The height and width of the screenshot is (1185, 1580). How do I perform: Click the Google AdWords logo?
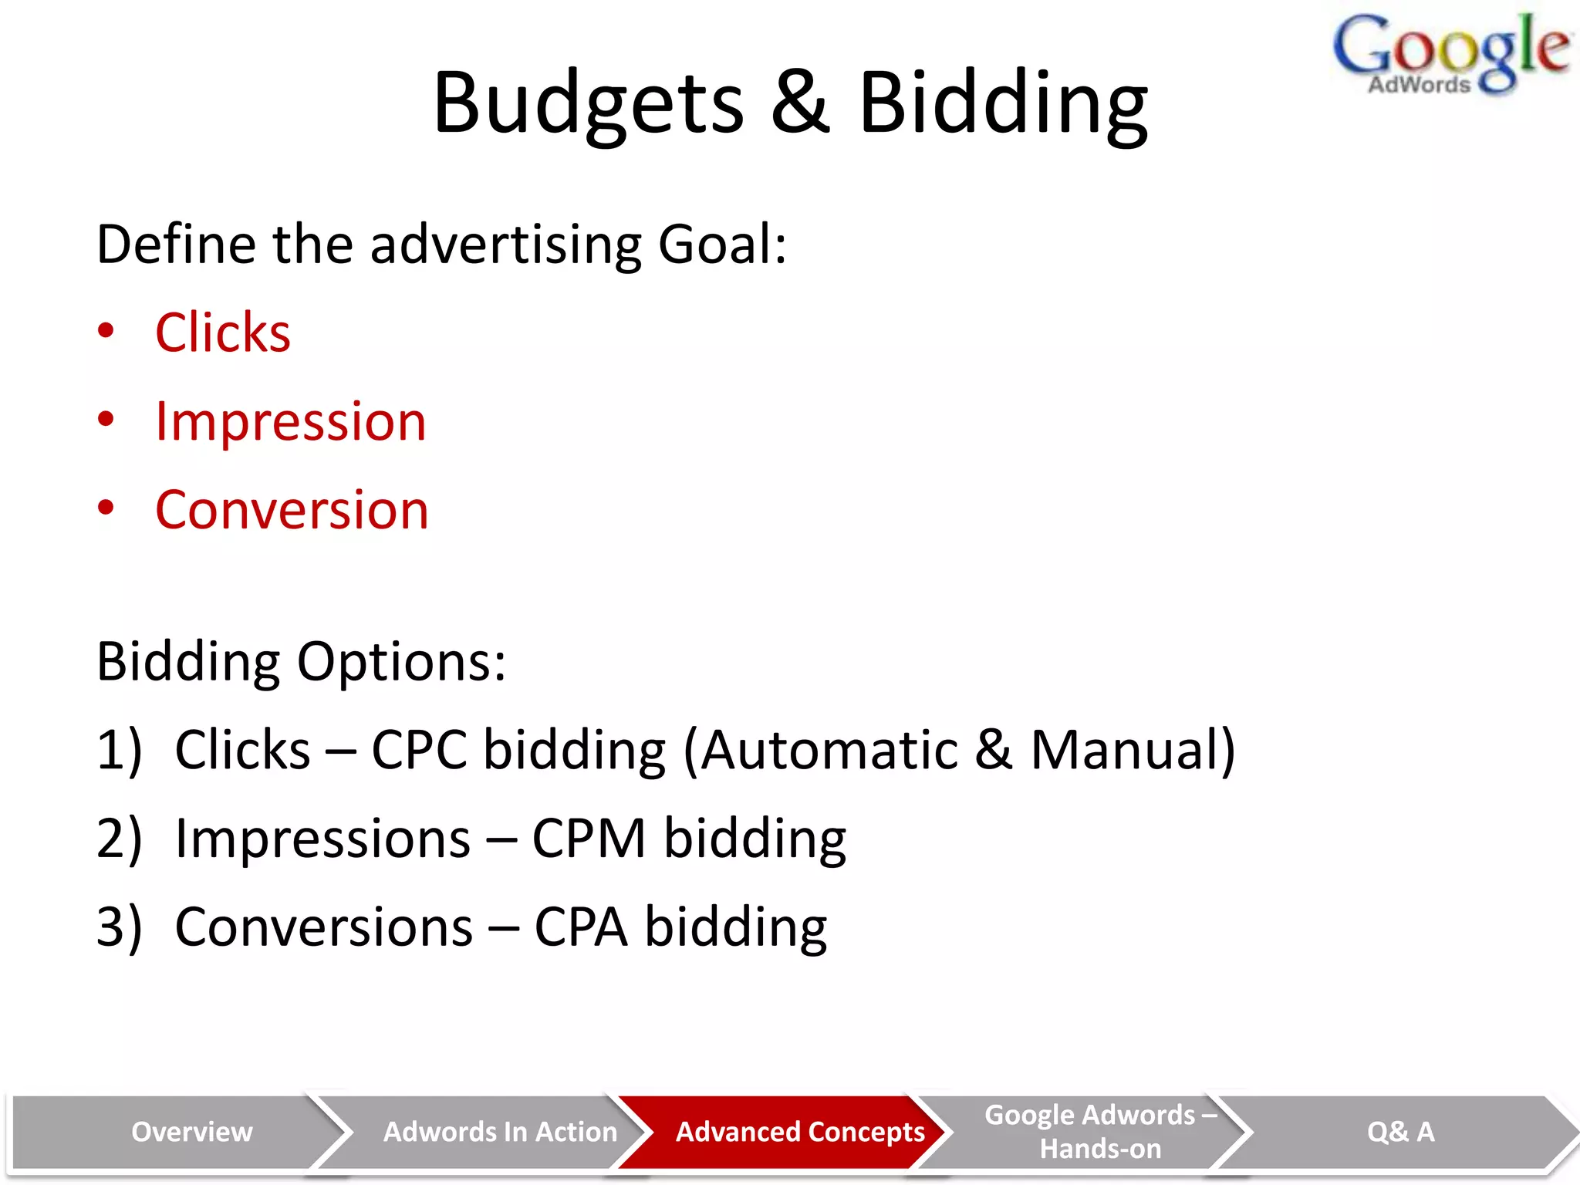1450,54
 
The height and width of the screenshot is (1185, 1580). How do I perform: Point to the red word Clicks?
223,333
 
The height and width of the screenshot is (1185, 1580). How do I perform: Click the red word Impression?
290,422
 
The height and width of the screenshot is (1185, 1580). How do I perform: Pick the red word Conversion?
292,511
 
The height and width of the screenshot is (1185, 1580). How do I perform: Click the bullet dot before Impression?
106,420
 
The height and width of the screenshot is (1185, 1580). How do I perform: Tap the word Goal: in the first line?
722,245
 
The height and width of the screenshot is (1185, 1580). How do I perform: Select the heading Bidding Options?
301,662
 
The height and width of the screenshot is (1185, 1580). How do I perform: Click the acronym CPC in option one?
420,750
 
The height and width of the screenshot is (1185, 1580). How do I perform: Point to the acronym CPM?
589,839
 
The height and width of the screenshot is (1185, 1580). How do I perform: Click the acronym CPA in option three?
580,927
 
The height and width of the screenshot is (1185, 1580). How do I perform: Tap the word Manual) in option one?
1133,750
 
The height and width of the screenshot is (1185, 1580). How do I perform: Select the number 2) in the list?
119,839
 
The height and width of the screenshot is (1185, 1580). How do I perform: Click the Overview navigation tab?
191,1132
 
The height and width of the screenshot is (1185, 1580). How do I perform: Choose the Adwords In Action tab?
500,1132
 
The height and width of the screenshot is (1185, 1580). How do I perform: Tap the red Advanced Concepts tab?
799,1132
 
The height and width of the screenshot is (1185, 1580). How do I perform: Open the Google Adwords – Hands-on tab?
1100,1132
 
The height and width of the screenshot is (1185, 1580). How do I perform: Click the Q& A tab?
1400,1132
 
